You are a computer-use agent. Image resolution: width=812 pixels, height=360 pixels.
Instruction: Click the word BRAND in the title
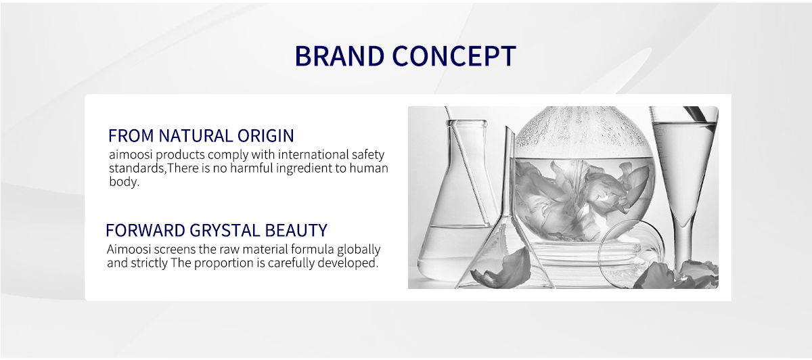339,56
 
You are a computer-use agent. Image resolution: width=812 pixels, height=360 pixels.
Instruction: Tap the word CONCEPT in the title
454,56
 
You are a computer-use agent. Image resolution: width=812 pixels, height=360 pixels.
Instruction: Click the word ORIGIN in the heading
265,136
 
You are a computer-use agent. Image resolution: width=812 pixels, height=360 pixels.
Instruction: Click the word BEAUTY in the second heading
296,231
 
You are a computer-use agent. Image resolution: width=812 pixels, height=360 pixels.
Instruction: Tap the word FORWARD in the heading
145,231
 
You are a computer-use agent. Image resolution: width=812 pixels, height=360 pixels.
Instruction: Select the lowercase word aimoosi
131,155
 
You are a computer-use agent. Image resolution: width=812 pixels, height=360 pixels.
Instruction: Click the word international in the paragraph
313,155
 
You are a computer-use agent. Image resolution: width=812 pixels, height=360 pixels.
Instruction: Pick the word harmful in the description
251,168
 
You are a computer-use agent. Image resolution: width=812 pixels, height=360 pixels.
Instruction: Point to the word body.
124,182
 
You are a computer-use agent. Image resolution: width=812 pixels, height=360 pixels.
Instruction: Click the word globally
359,250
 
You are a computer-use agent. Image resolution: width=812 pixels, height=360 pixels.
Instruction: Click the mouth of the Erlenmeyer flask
466,123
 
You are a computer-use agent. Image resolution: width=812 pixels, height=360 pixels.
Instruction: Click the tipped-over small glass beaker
631,254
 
